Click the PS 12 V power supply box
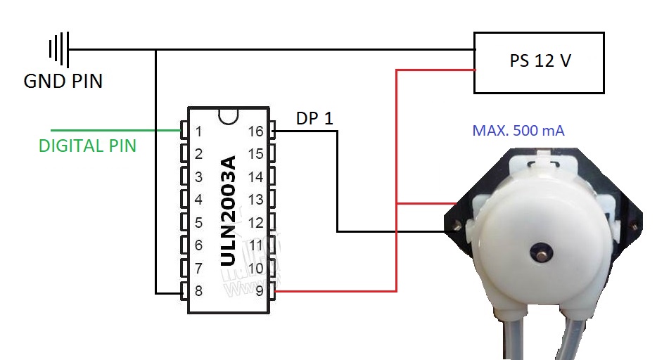539,62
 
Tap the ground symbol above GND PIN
58,49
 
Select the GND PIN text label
63,82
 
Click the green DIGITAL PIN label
87,146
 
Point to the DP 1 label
314,119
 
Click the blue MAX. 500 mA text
518,130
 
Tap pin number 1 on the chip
198,131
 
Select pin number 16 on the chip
256,131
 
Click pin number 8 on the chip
198,290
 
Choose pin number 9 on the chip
260,290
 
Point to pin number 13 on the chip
256,200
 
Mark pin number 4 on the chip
198,200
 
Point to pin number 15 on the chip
256,154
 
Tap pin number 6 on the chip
198,245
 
